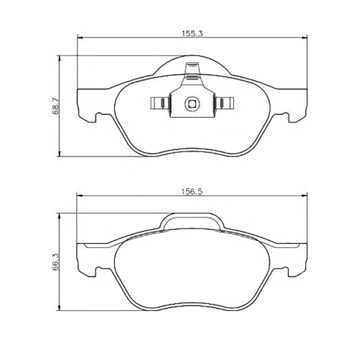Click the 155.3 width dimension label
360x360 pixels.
coord(192,34)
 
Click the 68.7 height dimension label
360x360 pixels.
coord(55,106)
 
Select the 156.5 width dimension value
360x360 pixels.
coord(192,192)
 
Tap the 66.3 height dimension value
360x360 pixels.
coord(55,262)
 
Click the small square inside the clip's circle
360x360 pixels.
coord(192,105)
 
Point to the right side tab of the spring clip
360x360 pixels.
coord(224,102)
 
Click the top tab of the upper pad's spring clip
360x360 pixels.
coord(192,69)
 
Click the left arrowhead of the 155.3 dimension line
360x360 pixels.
coord(80,38)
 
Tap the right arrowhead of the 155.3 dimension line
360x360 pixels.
coord(305,38)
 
